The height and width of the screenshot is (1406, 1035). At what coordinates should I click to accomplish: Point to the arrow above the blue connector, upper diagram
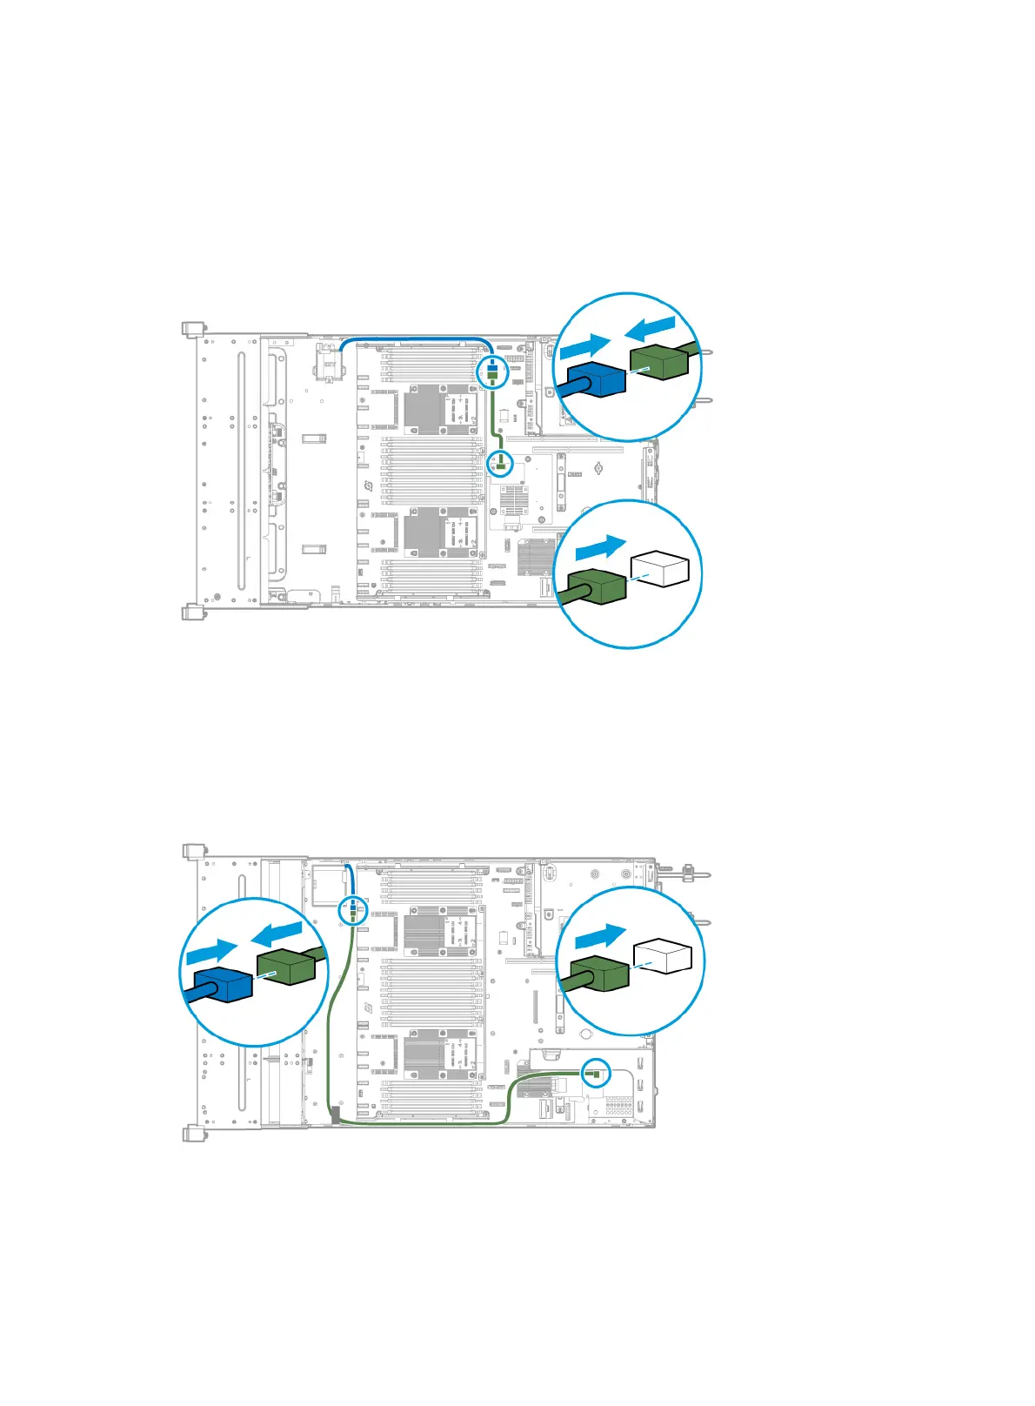click(584, 346)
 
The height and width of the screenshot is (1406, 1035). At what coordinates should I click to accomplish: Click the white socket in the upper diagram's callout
click(660, 569)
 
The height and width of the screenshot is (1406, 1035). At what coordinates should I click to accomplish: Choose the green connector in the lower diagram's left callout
click(286, 967)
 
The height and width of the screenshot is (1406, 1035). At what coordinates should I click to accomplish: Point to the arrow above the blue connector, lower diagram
click(211, 950)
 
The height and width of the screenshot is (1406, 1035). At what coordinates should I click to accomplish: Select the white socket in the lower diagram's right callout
click(663, 955)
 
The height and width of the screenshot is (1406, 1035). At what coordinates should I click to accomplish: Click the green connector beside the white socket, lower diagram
click(599, 973)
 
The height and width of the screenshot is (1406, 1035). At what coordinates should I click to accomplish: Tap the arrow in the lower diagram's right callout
click(600, 936)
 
